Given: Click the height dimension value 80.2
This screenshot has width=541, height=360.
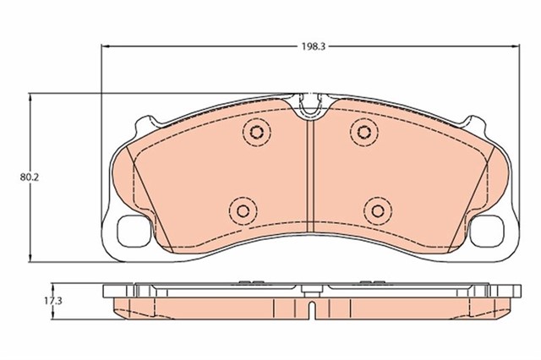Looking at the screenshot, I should point(29,177).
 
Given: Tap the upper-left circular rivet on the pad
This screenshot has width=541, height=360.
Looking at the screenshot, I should point(255,131).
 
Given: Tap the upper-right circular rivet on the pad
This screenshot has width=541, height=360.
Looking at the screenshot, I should point(364,130).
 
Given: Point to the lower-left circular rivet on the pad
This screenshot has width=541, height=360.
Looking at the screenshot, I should point(243,209).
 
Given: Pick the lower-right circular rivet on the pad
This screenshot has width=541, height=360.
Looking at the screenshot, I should point(375,209).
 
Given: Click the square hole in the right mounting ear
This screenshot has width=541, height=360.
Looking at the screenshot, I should point(486,231).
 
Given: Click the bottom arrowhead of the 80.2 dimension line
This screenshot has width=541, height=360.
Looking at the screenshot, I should point(32,257).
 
